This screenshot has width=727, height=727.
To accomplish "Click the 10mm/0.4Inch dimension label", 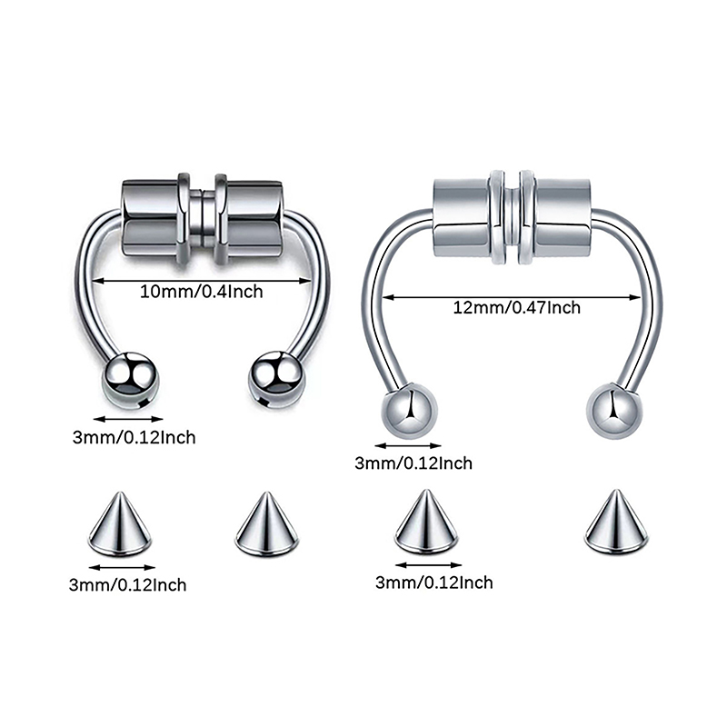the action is [201, 292].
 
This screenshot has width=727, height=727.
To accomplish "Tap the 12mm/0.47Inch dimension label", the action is [516, 307].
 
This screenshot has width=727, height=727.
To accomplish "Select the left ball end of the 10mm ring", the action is [131, 380].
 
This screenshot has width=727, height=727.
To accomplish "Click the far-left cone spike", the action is [120, 523].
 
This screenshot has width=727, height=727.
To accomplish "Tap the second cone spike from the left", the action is [266, 523].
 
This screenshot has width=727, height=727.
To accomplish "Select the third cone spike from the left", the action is [426, 522].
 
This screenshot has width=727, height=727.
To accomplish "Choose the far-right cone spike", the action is [616, 522].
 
